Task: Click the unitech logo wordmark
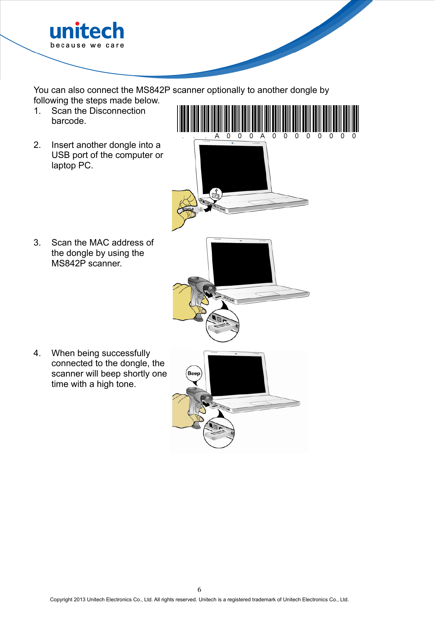point(87,32)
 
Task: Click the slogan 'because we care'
point(87,45)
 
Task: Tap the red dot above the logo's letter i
point(77,24)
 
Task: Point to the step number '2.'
point(37,145)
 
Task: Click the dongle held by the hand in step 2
point(189,209)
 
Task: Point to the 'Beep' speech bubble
point(194,373)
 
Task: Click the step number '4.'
point(37,353)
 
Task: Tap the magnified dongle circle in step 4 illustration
point(219,433)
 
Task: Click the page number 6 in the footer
point(199,589)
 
